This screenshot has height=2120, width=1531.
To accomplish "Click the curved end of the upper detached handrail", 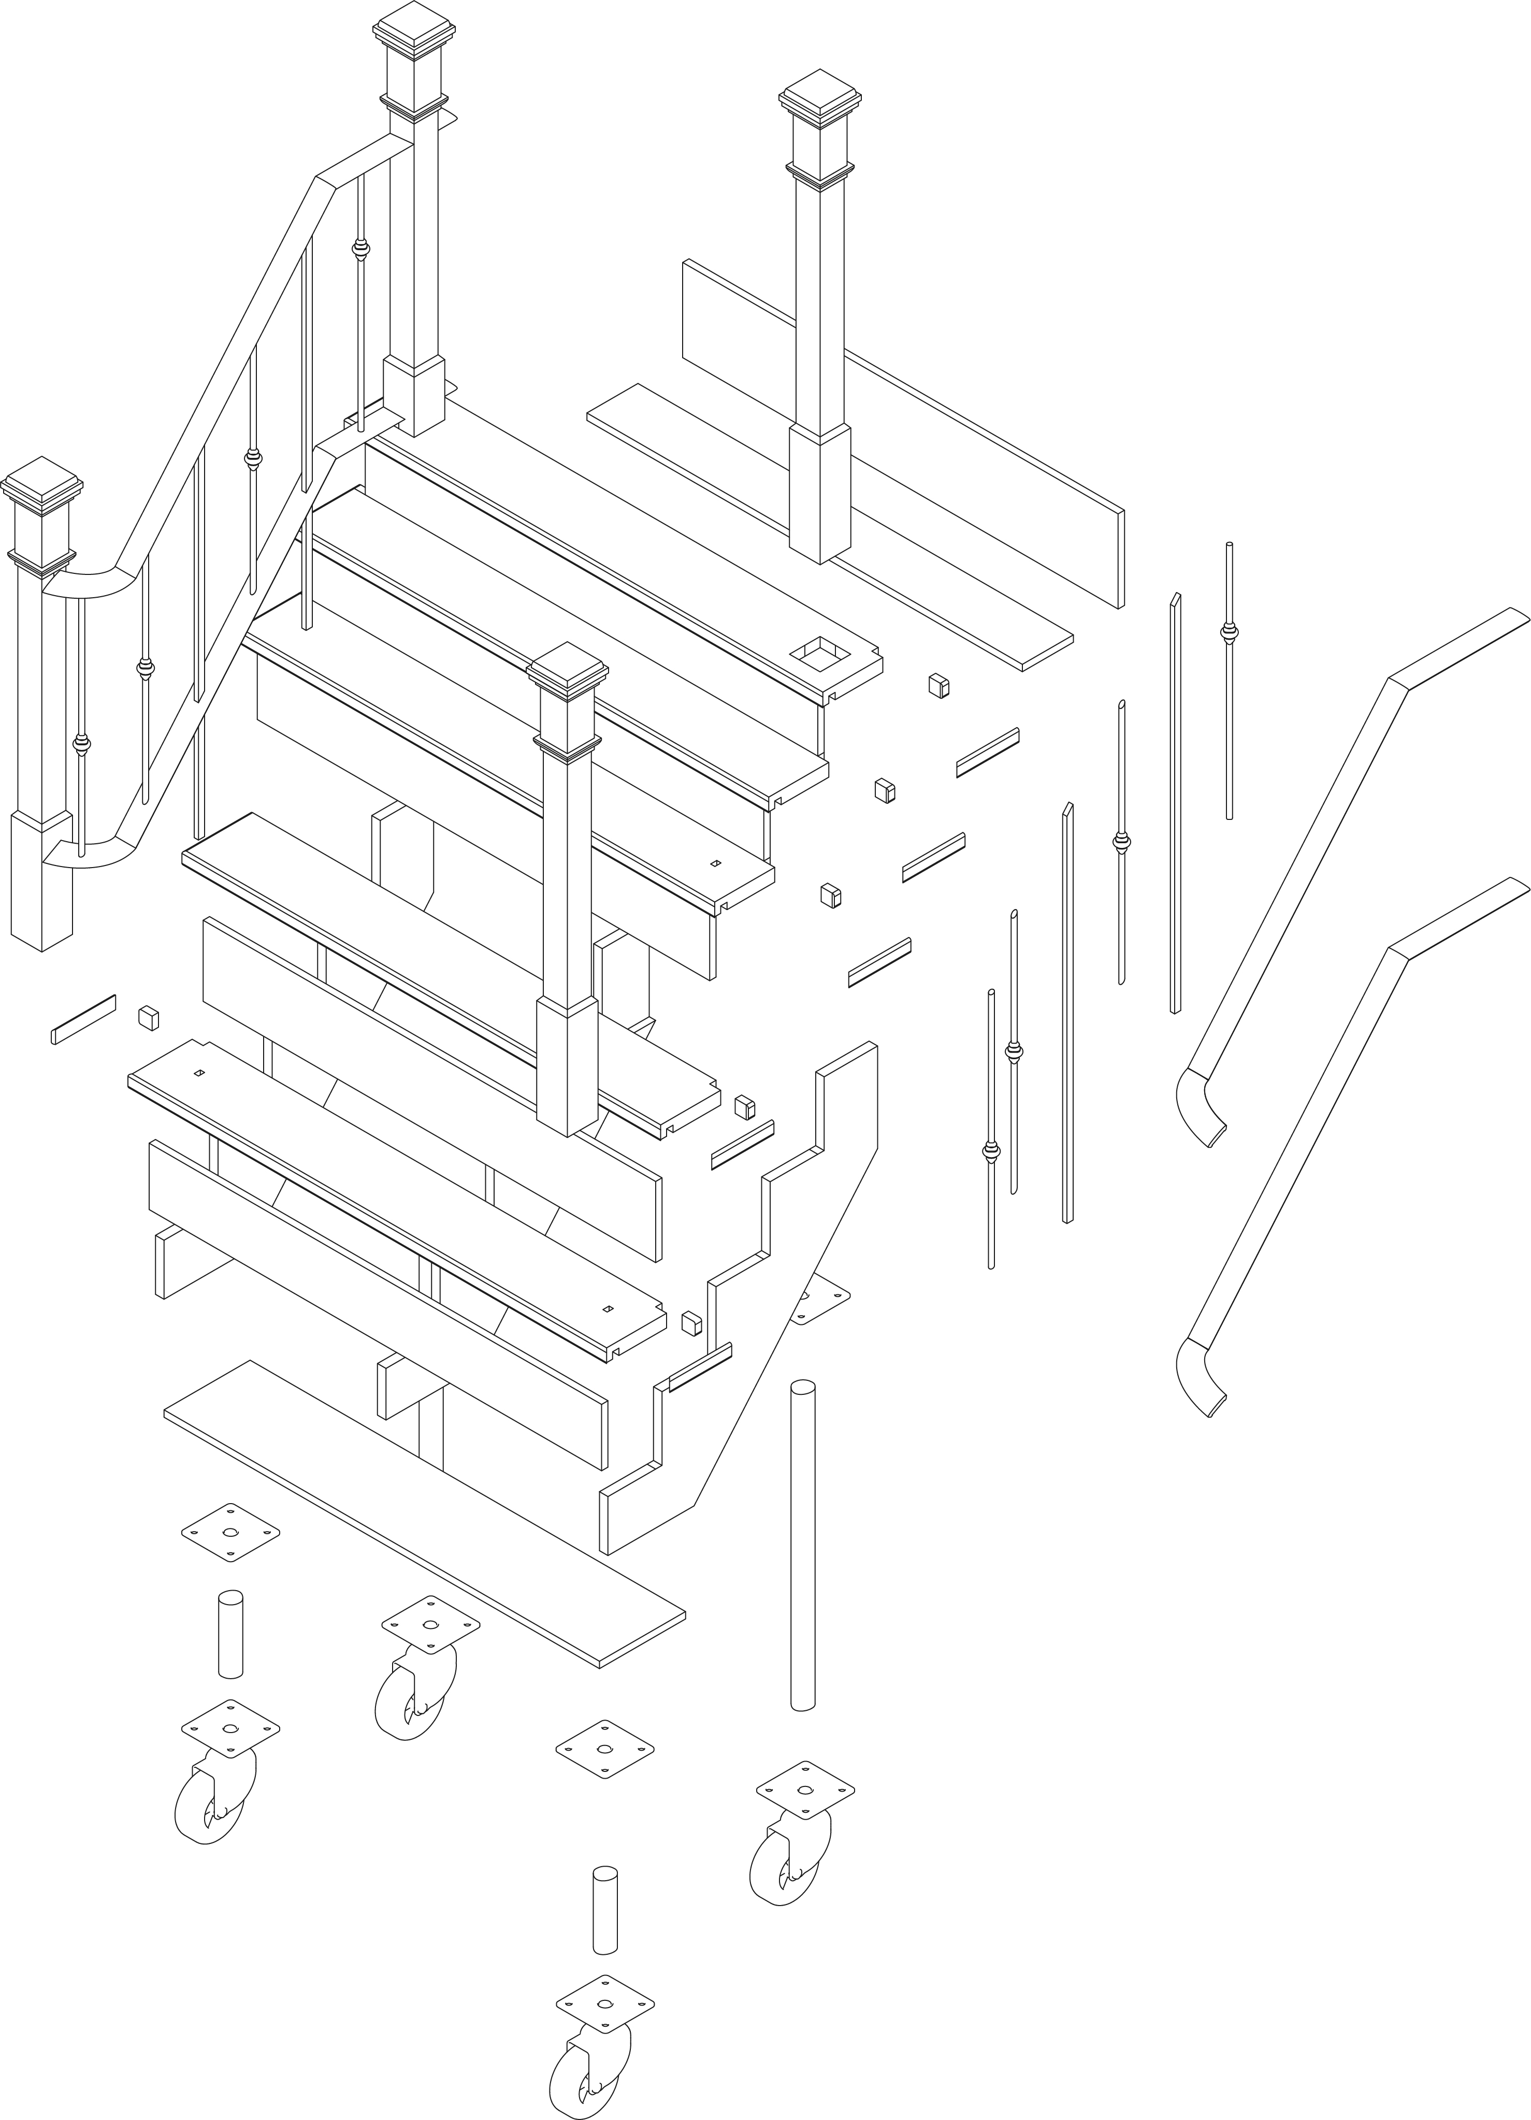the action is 1201,1108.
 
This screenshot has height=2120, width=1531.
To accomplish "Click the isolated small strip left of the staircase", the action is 83,1019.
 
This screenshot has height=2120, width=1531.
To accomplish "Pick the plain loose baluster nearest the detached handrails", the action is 1175,804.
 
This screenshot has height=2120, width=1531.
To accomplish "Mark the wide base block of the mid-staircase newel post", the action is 567,1065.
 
